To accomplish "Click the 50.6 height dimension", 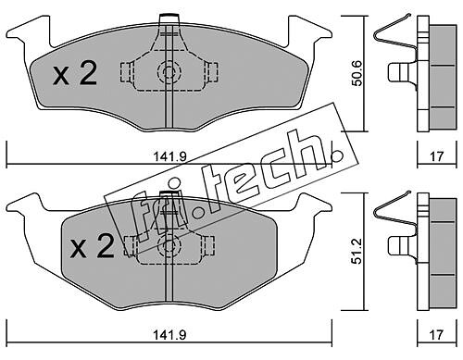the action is coord(357,73).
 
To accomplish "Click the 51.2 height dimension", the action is coord(357,251).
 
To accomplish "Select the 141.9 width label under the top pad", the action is coord(170,156).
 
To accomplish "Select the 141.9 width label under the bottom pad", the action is coord(170,335).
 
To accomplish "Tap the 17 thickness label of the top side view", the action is coord(436,156).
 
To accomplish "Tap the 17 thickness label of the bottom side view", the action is coord(436,335).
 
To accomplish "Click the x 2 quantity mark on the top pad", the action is coord(75,73).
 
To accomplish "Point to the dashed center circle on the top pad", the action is coord(169,73).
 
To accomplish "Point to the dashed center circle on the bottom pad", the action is coord(169,245).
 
